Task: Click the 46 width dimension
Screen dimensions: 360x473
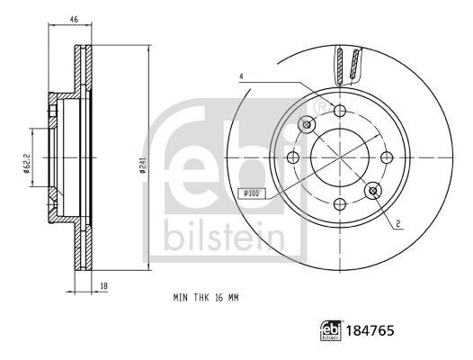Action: click(75, 17)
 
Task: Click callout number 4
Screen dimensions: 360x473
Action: click(242, 77)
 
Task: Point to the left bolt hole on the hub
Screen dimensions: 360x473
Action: click(293, 157)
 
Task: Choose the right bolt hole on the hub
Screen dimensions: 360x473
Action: click(387, 157)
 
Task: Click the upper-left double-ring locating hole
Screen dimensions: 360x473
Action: click(307, 124)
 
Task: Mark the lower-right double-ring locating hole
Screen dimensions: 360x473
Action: click(372, 190)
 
